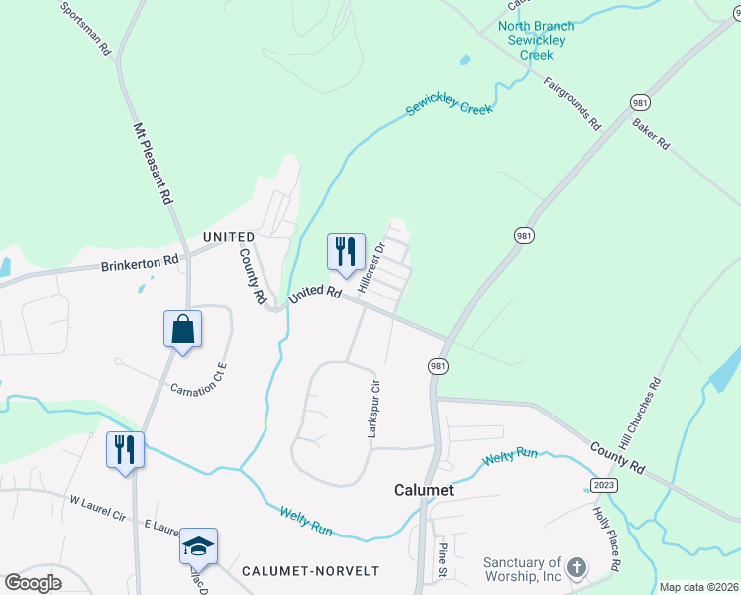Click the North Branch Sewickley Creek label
536,40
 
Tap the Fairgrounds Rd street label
573,104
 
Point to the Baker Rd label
651,136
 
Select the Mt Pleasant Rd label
152,165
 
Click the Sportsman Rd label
85,28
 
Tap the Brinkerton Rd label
139,264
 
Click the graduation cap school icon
198,546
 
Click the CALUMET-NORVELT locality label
310,571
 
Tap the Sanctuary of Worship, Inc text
522,569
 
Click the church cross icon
578,569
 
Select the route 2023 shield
604,484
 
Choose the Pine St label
443,560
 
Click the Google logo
33,582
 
